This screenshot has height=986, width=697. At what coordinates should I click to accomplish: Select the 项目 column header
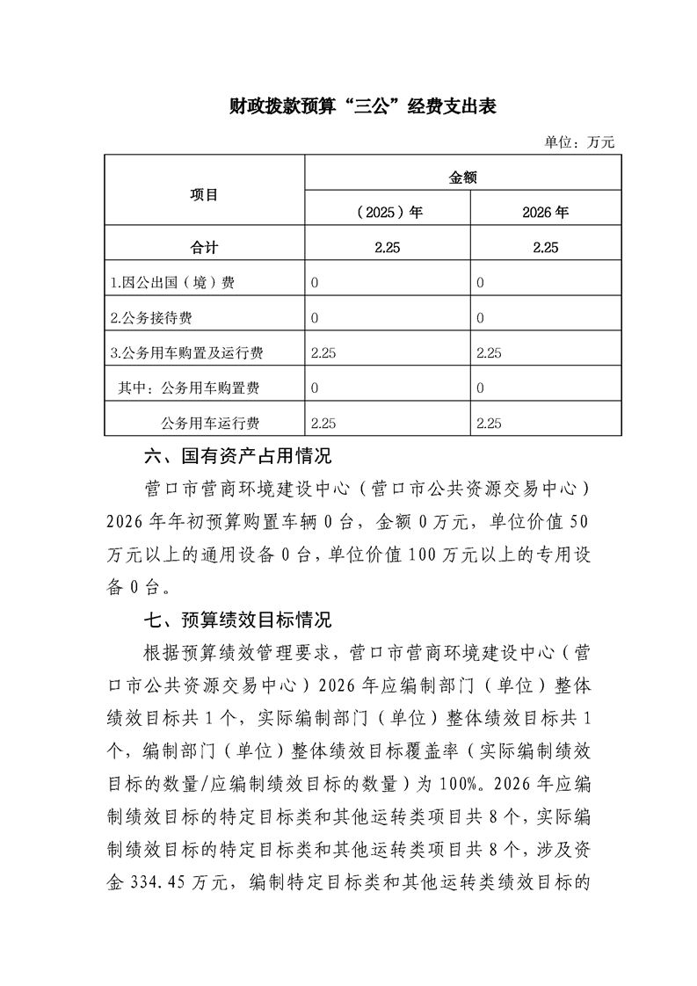pos(204,195)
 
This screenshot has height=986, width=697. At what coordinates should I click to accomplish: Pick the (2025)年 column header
pos(387,213)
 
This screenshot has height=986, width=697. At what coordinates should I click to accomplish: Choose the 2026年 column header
pos(545,213)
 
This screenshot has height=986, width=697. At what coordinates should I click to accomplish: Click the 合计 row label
pos(204,248)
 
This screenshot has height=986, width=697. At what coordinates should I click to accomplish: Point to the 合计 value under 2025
pos(387,248)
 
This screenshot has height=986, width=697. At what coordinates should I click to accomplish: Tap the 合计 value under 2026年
pos(545,248)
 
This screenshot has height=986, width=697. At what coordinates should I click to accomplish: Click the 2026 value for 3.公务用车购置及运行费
pos(488,353)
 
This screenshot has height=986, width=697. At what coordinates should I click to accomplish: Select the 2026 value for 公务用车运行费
pos(488,424)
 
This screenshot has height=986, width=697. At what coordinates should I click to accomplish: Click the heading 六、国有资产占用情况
pos(237,457)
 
